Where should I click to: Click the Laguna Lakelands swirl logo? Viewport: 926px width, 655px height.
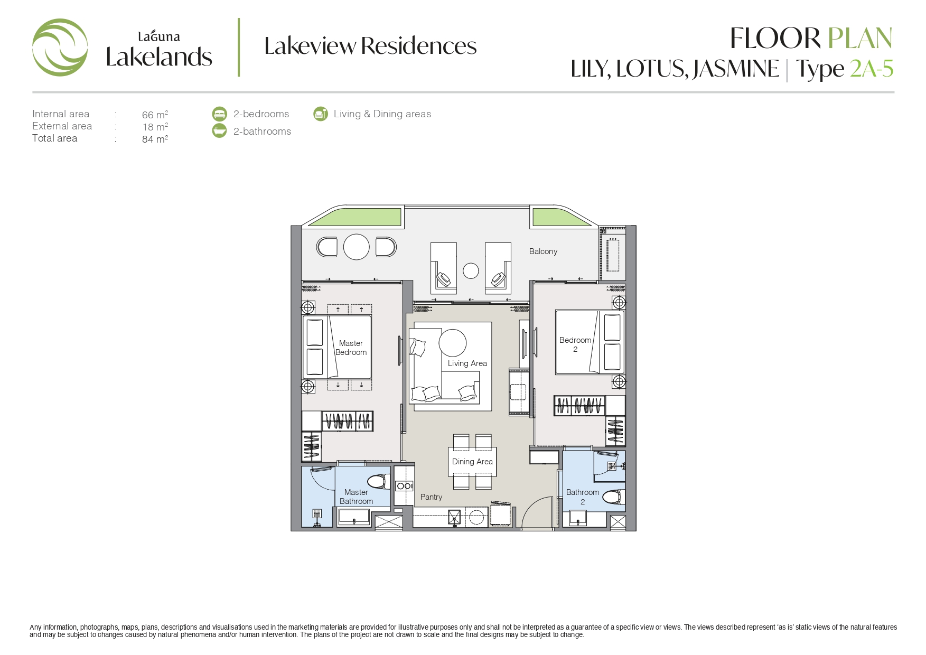(x=60, y=48)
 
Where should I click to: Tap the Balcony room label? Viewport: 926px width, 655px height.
(x=543, y=251)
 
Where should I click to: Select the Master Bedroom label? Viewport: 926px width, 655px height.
(x=351, y=348)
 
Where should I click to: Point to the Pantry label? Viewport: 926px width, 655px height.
(x=431, y=497)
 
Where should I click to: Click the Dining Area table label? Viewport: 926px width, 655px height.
(x=472, y=462)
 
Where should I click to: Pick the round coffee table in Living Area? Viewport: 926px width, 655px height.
(x=453, y=342)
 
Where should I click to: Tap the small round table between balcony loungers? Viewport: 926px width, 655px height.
(x=471, y=271)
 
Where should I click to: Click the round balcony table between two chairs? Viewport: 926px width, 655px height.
(x=357, y=247)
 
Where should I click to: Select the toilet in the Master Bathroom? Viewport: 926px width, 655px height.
(x=379, y=481)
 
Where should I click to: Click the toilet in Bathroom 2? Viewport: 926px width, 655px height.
(x=614, y=497)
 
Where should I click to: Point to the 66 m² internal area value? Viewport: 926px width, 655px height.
(x=155, y=115)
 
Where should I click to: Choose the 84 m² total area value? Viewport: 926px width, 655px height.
(x=155, y=139)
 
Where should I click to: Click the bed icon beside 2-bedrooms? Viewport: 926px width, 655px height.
(x=219, y=114)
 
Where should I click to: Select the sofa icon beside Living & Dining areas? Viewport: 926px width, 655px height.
(x=320, y=114)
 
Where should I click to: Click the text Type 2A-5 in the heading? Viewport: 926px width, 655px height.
(x=845, y=69)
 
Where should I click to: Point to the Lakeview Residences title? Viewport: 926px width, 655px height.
(x=370, y=46)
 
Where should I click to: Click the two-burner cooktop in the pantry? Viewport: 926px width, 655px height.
(x=404, y=486)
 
